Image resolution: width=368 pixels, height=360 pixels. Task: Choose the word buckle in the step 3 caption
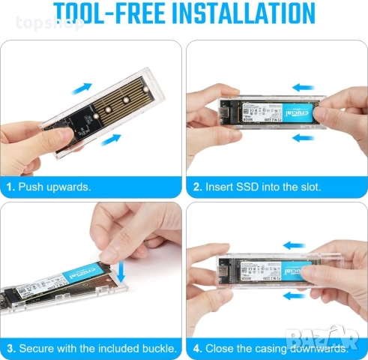point(158,348)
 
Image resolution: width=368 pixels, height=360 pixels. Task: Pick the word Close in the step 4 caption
point(220,348)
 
